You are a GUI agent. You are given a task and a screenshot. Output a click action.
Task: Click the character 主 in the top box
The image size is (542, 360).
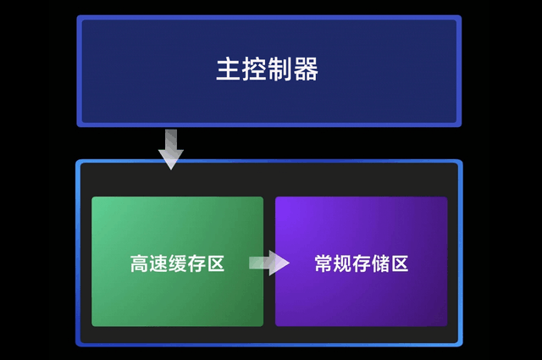[x=228, y=69]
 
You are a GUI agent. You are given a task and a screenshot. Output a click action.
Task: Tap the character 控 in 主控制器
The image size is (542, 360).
[x=254, y=69]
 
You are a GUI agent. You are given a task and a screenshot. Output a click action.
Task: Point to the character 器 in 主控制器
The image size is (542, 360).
[x=307, y=69]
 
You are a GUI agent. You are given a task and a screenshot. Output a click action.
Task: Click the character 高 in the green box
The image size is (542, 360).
[x=140, y=263]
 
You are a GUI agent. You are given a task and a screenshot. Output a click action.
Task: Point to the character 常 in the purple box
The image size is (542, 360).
[x=324, y=263]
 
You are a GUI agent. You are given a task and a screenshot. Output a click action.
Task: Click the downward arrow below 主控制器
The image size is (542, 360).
[x=171, y=149]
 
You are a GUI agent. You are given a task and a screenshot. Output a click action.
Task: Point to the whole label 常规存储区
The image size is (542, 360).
[x=362, y=263]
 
